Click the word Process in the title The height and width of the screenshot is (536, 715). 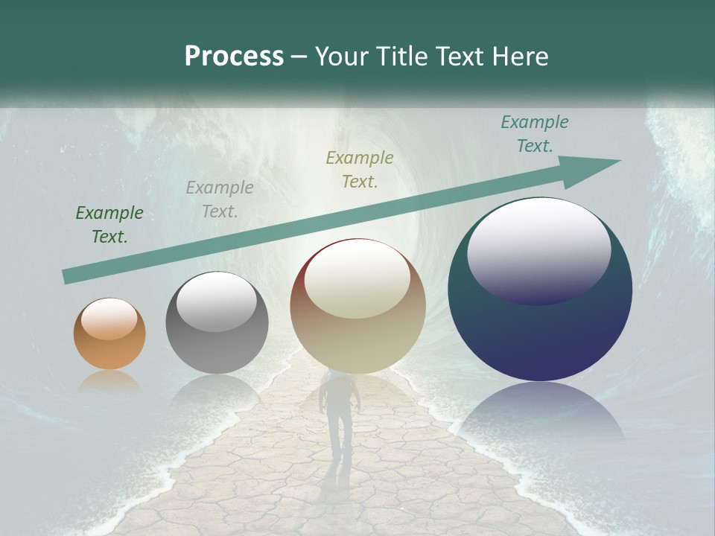point(234,57)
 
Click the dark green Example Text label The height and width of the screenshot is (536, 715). point(109,225)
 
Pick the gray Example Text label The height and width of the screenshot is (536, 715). point(220,200)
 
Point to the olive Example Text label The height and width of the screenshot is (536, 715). point(360,169)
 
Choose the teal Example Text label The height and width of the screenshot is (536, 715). point(535,134)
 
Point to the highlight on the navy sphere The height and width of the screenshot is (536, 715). point(539,249)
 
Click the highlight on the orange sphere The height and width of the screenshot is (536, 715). point(109,319)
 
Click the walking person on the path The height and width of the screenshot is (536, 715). point(337,413)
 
